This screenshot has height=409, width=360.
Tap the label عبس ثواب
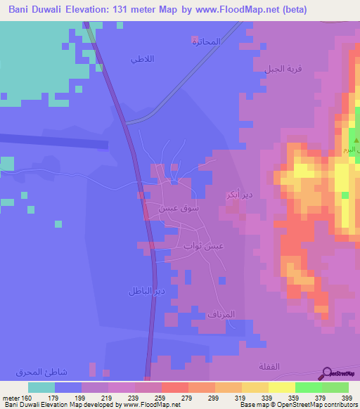point(203,246)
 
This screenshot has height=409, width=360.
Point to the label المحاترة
point(206,42)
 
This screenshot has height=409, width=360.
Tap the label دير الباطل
point(146,290)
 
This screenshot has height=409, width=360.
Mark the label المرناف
point(230,314)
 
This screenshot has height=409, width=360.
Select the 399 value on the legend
point(346,398)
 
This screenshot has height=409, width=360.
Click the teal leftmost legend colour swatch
point(41,387)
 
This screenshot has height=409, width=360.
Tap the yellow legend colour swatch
point(281,387)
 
